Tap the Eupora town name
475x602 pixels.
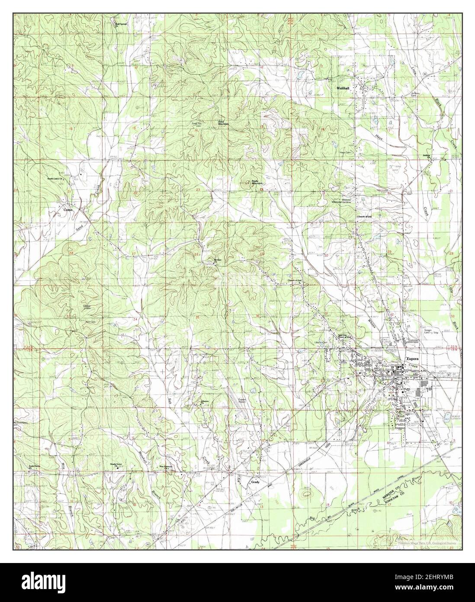pos(413,359)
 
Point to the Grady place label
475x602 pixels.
pos(254,482)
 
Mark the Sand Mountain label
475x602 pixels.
pos(223,123)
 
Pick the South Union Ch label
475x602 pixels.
pos(55,178)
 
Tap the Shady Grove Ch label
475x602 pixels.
pos(116,466)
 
